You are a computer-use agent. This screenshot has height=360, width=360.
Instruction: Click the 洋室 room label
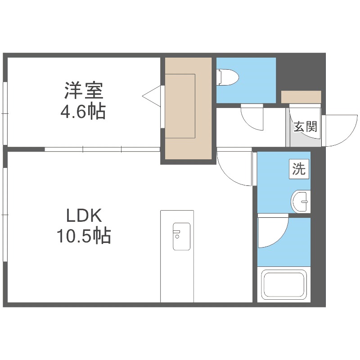(x=83, y=90)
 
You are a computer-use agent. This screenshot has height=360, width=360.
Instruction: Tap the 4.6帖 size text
(x=83, y=111)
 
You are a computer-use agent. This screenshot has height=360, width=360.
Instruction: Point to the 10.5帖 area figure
(x=84, y=236)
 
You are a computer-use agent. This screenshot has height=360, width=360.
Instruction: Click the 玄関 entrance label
(x=306, y=126)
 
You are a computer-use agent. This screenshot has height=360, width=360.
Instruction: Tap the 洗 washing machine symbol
(x=299, y=170)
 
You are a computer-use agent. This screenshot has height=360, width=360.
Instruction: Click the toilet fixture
(x=227, y=77)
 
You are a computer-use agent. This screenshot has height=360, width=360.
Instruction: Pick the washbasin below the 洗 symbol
(x=300, y=201)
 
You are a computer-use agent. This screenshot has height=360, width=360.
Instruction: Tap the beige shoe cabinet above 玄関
(x=301, y=97)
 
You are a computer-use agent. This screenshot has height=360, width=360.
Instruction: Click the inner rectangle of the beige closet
(x=180, y=106)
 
